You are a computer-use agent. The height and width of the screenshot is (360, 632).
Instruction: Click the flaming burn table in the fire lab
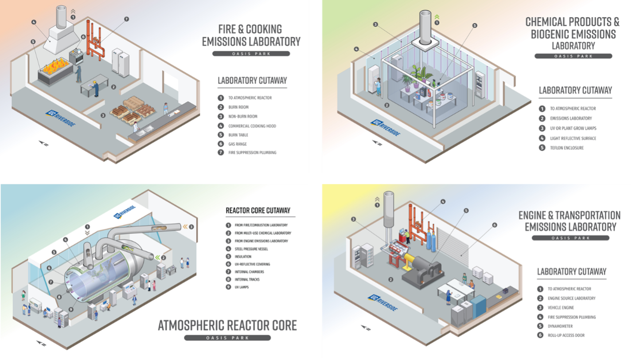point(55,72)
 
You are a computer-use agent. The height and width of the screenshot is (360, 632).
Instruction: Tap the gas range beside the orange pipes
point(76,56)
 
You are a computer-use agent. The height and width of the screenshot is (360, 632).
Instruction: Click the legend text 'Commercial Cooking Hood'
point(252,126)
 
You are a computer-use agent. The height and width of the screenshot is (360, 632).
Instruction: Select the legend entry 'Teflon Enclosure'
point(567,148)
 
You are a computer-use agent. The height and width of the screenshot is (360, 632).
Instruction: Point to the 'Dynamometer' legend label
point(560,326)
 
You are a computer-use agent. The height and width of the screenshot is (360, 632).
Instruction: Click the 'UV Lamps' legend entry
point(242,287)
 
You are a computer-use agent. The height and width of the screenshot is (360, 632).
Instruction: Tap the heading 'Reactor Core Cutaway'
point(258,211)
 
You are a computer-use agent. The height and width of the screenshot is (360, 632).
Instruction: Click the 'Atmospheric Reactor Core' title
point(227,325)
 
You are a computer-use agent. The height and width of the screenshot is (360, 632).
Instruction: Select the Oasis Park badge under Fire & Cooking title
point(251,54)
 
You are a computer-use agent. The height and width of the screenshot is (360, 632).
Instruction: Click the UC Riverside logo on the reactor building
point(125,212)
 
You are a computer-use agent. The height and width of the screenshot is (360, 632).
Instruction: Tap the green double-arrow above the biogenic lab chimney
point(437,17)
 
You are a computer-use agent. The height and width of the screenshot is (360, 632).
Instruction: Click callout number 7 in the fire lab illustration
point(126,19)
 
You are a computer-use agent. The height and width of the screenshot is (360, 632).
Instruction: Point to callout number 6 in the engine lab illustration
point(495,225)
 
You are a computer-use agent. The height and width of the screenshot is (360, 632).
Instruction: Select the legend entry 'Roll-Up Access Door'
point(566,336)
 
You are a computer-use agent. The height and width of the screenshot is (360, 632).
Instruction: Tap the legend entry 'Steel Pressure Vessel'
point(251,249)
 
